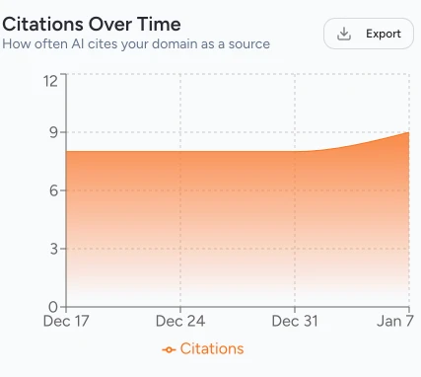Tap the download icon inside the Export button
344,34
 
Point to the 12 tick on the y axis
50,80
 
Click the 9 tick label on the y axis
53,132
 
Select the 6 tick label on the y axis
53,190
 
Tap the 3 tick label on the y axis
53,249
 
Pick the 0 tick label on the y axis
53,306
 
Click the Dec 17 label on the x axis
66,322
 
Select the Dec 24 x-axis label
180,322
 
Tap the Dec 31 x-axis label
295,322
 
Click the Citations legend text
211,349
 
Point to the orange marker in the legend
169,350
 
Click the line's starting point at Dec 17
67,151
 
